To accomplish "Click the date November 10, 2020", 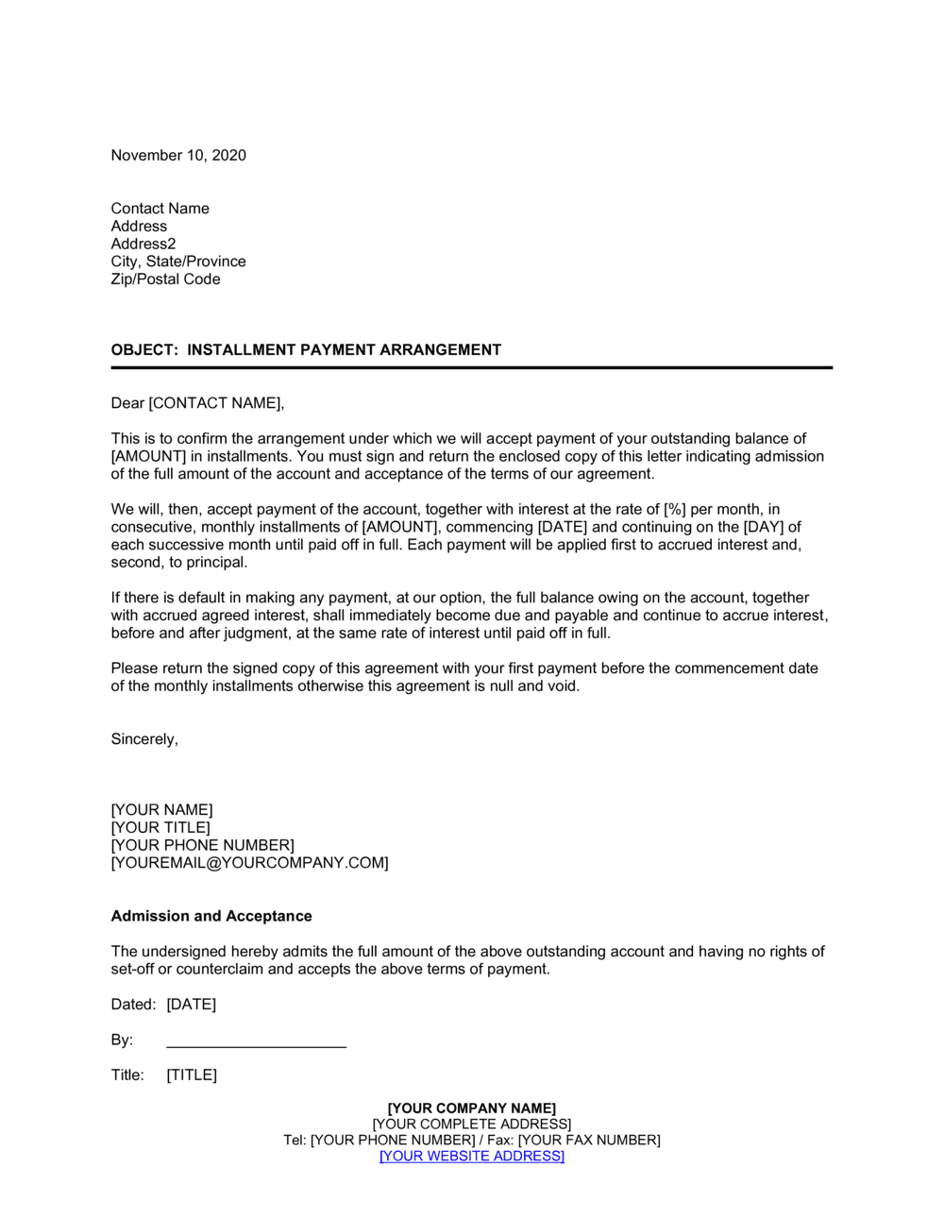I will (x=178, y=156).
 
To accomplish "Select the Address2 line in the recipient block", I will (x=143, y=244).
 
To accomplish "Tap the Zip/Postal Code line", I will (x=165, y=279).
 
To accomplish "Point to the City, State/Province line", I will (x=178, y=262).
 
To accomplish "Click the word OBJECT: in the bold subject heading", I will (x=143, y=350).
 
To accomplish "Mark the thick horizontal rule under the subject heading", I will (x=471, y=367).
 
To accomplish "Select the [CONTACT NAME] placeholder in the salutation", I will (x=215, y=403).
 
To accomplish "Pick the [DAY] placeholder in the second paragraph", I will (x=765, y=527).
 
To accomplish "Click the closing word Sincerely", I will (x=143, y=739).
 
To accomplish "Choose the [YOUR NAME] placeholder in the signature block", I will (x=161, y=810).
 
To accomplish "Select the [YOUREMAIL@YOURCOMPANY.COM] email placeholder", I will (x=249, y=863).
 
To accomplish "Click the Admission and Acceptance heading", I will (x=211, y=916).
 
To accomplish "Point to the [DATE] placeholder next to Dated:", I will (x=191, y=1005).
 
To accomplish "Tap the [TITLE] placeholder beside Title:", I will (x=192, y=1075).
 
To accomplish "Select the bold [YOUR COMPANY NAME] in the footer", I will (x=471, y=1108).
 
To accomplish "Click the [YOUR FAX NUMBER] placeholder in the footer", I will (x=589, y=1141).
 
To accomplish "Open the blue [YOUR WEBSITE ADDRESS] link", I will (x=471, y=1157).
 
